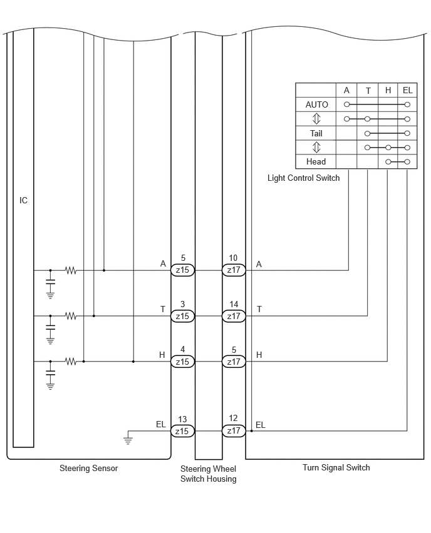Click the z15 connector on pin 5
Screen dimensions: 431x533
[182, 270]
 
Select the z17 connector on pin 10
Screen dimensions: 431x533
[234, 270]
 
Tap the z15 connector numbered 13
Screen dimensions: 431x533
[182, 431]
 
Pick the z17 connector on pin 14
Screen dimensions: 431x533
[234, 316]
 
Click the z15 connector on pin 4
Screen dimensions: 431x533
[182, 362]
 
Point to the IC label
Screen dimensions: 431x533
[23, 200]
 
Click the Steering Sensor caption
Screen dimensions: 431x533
[88, 468]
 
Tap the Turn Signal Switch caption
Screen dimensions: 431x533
[336, 467]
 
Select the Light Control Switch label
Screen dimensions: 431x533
[303, 178]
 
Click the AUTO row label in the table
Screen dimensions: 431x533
[316, 104]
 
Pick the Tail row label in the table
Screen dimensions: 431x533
[316, 133]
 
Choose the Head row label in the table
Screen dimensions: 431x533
[316, 161]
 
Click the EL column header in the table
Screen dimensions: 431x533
[408, 90]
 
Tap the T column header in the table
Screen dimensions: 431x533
[368, 91]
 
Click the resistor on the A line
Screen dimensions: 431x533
[71, 271]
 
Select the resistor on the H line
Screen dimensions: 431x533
[71, 362]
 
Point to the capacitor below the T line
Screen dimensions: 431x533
[50, 327]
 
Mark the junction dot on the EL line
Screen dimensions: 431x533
[252, 431]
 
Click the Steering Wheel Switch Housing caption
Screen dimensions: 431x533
[209, 474]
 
